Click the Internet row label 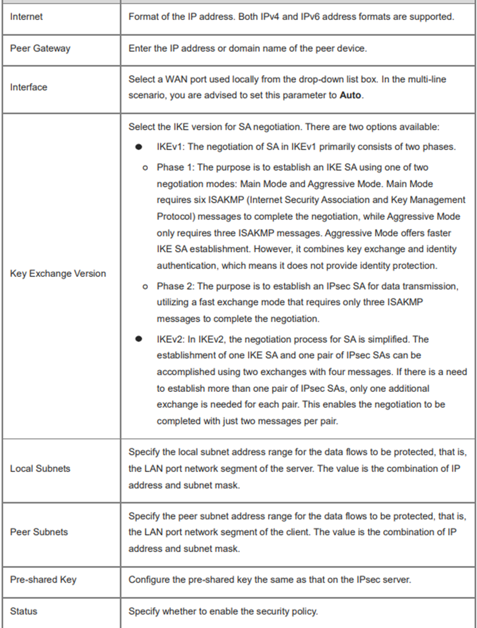coord(27,17)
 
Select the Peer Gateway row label coord(40,49)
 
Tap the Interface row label coord(29,87)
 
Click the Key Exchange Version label coord(58,274)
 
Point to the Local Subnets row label coord(40,469)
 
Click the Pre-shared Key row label coord(43,580)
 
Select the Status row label coord(23,611)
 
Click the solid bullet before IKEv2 coord(141,339)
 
